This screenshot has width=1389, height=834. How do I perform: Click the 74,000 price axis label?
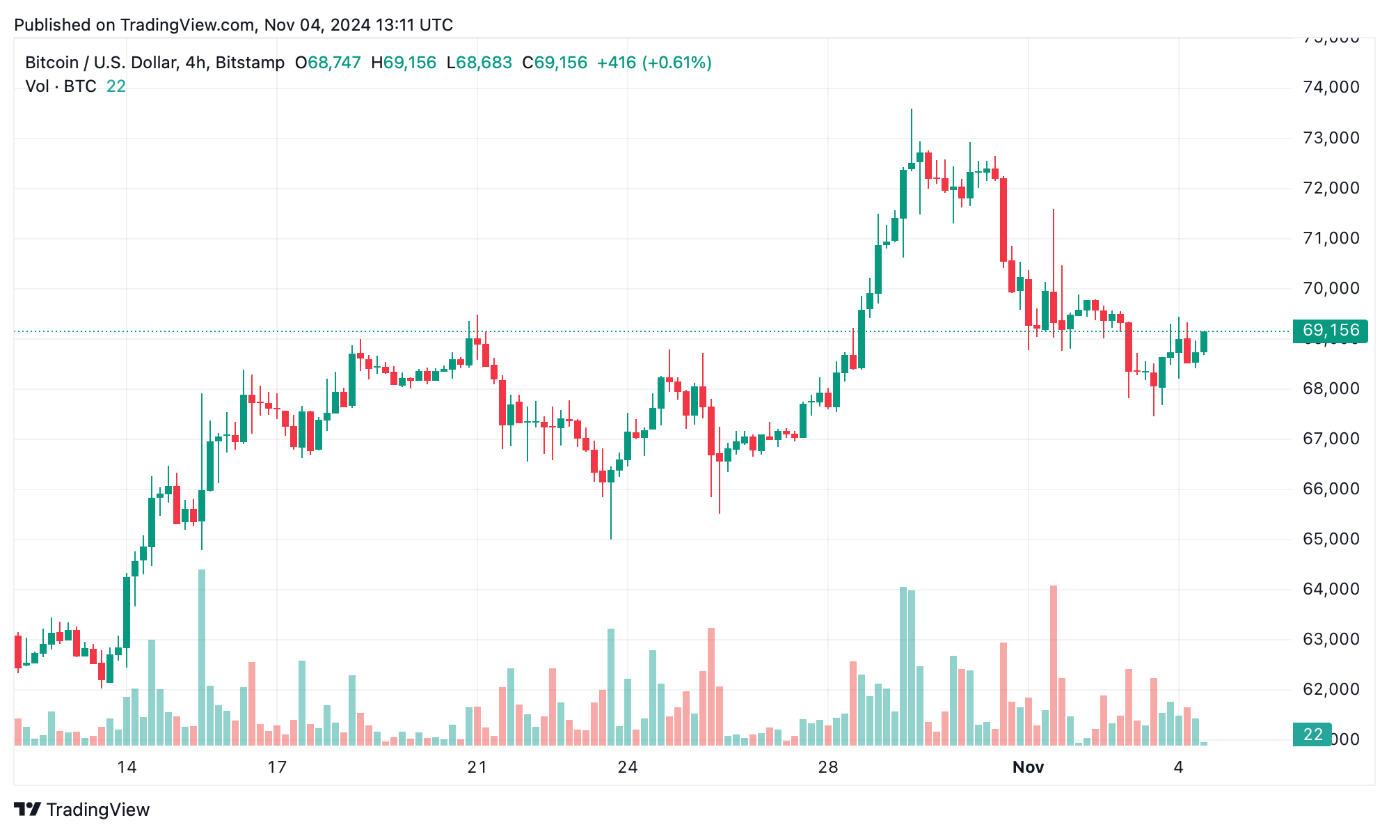(1331, 87)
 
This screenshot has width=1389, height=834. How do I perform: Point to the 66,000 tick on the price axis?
(1331, 489)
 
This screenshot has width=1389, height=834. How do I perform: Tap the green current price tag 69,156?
(1329, 331)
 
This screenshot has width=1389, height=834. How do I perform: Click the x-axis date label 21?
(477, 767)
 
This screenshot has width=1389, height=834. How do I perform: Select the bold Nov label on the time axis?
(1028, 767)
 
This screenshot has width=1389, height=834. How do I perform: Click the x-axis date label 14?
(127, 767)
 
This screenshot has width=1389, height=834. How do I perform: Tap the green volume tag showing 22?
(1312, 734)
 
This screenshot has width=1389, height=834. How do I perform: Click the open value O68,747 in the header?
(328, 63)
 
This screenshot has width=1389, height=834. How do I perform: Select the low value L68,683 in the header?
(479, 63)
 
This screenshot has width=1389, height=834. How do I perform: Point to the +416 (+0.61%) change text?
(654, 63)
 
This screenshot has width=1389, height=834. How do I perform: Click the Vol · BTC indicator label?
(61, 86)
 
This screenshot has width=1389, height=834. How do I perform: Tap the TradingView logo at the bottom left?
(82, 810)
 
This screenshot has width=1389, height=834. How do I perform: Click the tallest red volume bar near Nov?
(1054, 665)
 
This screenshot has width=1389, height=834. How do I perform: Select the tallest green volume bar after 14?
(202, 657)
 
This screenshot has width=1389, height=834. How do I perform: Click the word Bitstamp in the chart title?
(250, 63)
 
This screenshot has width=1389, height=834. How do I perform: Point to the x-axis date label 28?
(827, 767)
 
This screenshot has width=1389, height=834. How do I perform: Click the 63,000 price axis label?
(1331, 639)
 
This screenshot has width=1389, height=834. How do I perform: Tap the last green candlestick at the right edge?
(1204, 342)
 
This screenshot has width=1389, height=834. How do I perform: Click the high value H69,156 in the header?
(404, 63)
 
